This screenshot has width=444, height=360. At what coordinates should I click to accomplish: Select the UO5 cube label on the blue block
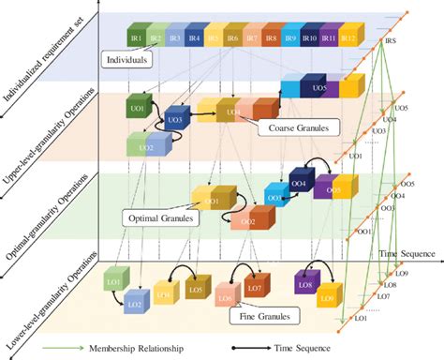click(319, 89)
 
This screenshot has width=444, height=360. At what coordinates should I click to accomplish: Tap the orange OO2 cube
click(247, 221)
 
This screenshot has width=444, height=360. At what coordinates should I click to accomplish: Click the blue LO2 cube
click(133, 305)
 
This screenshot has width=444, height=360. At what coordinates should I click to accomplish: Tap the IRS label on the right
click(390, 42)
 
